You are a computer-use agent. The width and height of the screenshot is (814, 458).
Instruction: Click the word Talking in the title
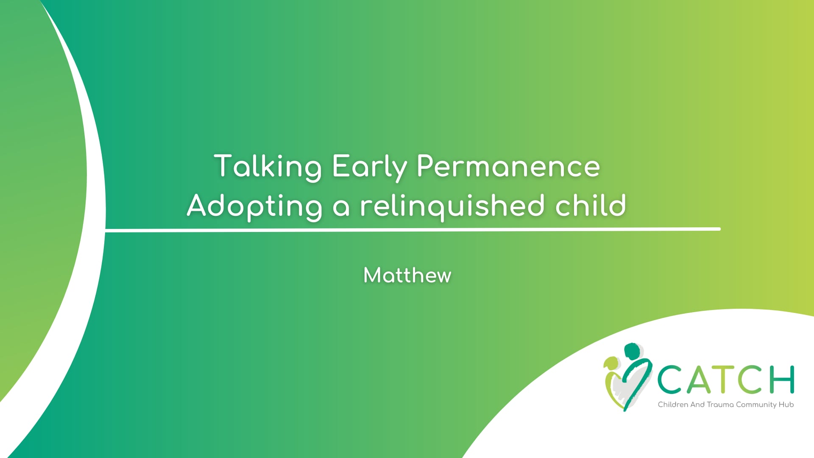click(x=268, y=167)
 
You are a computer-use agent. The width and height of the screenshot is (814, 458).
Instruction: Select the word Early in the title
click(x=369, y=167)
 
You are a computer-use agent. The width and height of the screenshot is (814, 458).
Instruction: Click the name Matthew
click(x=407, y=275)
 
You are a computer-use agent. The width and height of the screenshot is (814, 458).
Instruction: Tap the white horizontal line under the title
click(x=413, y=229)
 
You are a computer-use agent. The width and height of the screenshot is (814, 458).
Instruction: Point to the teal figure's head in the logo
click(x=632, y=351)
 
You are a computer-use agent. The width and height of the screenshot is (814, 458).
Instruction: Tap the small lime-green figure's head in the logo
click(x=610, y=363)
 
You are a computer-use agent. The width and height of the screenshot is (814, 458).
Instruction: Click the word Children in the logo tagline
click(x=673, y=405)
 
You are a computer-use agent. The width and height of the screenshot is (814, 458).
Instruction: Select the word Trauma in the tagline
click(x=720, y=405)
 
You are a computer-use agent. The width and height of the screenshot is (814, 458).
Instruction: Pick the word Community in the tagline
click(x=756, y=405)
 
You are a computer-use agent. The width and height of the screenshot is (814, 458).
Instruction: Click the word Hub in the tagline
click(x=786, y=405)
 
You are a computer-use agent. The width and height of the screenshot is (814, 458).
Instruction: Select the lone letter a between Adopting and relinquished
click(x=341, y=208)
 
